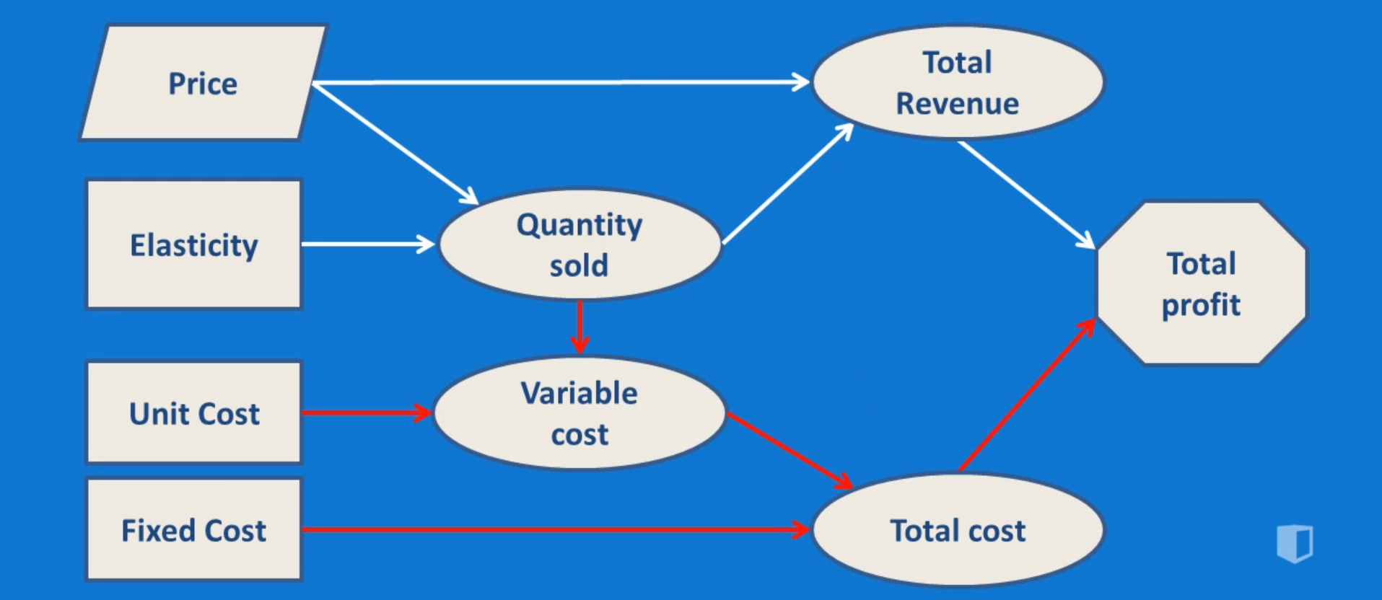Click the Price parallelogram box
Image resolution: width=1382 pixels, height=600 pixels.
pyautogui.click(x=204, y=83)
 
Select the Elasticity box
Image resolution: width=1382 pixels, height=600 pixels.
pyautogui.click(x=193, y=244)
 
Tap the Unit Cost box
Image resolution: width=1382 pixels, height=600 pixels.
pyautogui.click(x=193, y=412)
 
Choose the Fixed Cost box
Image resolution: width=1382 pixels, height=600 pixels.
pyautogui.click(x=193, y=529)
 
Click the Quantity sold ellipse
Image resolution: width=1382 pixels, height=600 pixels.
pyautogui.click(x=580, y=244)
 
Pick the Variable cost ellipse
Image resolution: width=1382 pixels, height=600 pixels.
pyautogui.click(x=580, y=413)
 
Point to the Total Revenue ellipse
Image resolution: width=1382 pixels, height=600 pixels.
pyautogui.click(x=958, y=82)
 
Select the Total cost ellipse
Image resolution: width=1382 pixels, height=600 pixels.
pyautogui.click(x=958, y=530)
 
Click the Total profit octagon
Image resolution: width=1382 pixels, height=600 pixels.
pyautogui.click(x=1202, y=283)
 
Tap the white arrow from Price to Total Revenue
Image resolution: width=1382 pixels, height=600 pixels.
pyautogui.click(x=563, y=83)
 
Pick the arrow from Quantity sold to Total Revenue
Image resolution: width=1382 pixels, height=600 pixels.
pyautogui.click(x=787, y=185)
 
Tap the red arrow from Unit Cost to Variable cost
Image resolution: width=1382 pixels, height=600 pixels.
pyautogui.click(x=367, y=412)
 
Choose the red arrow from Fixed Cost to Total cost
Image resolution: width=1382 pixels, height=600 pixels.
pyautogui.click(x=556, y=530)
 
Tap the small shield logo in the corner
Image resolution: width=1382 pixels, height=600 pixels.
pyautogui.click(x=1295, y=543)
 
